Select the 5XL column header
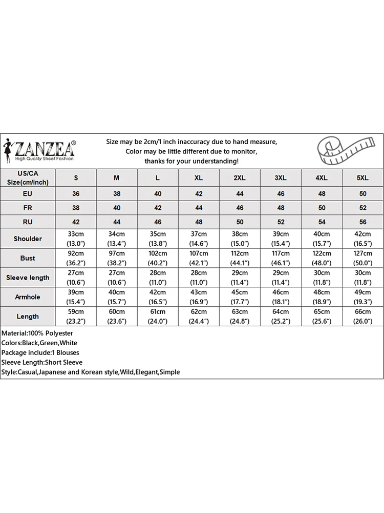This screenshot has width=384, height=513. pyautogui.click(x=362, y=177)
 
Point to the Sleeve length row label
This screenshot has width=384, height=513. pyautogui.click(x=28, y=278)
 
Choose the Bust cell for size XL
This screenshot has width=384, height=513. pyautogui.click(x=199, y=258)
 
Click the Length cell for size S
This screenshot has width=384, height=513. pyautogui.click(x=76, y=316)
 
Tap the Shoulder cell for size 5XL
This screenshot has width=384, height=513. pyautogui.click(x=362, y=239)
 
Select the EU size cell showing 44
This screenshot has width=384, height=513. pyautogui.click(x=240, y=194)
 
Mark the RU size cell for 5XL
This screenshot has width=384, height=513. pyautogui.click(x=362, y=222)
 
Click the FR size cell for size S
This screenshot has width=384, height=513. pyautogui.click(x=76, y=208)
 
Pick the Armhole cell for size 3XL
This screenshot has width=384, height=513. pyautogui.click(x=281, y=297)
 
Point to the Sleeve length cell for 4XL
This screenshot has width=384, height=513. pyautogui.click(x=321, y=278)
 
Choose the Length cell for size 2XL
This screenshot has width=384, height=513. pyautogui.click(x=240, y=316)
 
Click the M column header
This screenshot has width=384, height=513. pyautogui.click(x=117, y=177)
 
